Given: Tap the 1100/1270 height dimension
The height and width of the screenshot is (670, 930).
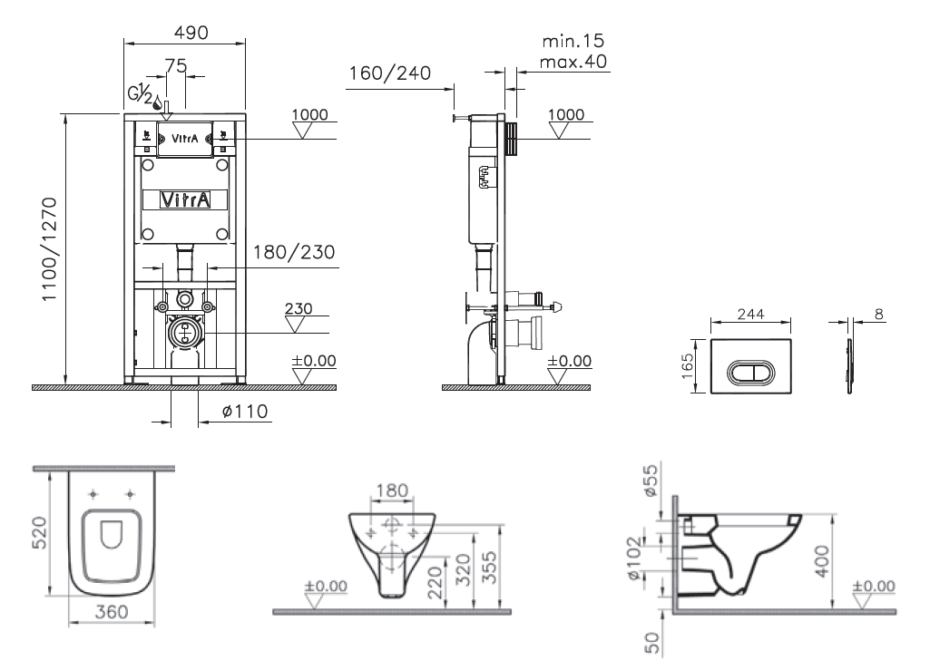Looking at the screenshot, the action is tap(49, 249).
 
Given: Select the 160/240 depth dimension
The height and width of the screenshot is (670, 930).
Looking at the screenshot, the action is tap(389, 73).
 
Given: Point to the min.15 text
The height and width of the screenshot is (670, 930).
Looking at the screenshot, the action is tap(573, 40).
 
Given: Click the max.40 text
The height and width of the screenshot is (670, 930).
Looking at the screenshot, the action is tap(573, 61).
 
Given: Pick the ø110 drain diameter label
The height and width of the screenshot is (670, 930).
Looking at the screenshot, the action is tap(245, 411).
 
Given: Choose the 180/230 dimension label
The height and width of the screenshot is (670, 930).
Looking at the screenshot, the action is tap(294, 252).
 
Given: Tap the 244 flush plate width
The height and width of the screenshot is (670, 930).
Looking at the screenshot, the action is tap(751, 314).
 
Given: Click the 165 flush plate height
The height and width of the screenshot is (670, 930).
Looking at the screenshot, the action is tap(687, 366).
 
